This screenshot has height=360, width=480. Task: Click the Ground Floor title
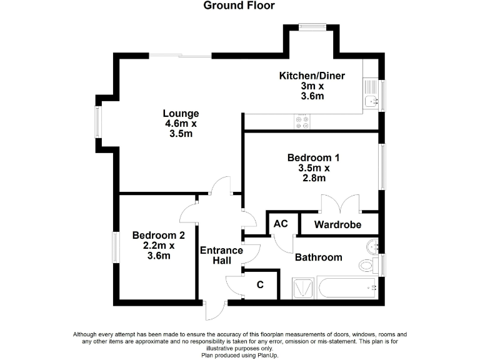coord(239,6)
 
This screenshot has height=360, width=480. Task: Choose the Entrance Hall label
coord(221,256)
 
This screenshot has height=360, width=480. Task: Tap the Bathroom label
coord(318,257)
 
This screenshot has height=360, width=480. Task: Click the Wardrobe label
coord(337,224)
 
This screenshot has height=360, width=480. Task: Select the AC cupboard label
coord(281,224)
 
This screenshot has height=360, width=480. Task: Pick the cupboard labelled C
coord(261,285)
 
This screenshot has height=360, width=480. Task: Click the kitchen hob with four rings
coord(302,122)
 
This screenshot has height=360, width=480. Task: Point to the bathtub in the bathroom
coord(347,288)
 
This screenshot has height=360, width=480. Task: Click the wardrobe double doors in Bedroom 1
coord(340,204)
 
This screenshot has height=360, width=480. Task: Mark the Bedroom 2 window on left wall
coord(116,248)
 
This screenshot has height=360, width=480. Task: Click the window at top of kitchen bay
coord(312,26)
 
